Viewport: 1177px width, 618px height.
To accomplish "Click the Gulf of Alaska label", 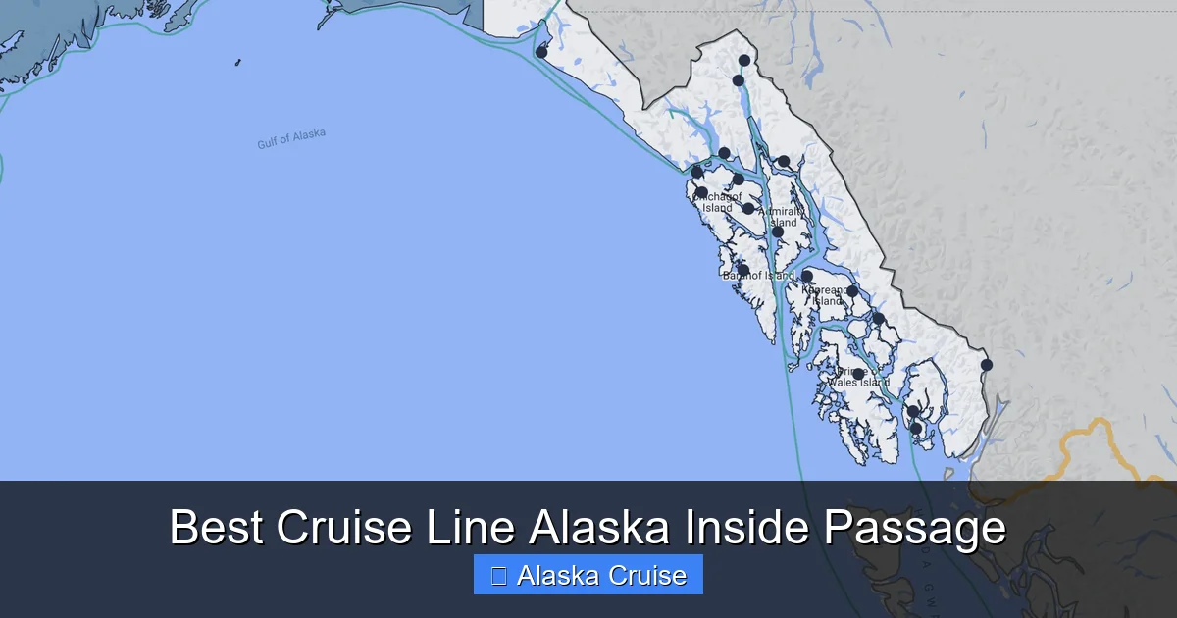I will (x=291, y=139).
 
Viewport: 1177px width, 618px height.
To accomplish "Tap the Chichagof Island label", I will (x=717, y=202).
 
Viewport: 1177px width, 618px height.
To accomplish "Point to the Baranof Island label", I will (x=758, y=276).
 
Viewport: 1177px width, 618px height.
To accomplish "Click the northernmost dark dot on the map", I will (x=744, y=61).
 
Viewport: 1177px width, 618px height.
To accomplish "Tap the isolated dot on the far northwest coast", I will (x=541, y=52).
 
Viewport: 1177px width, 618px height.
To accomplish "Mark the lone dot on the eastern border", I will (x=987, y=365).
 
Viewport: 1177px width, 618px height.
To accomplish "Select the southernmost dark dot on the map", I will (x=916, y=428).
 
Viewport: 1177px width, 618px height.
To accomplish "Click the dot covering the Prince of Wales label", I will (x=858, y=374).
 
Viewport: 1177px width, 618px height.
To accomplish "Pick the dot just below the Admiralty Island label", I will (x=778, y=232).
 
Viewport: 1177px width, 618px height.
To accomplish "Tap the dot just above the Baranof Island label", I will (x=743, y=269).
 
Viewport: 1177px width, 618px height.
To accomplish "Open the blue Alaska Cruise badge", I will (x=588, y=575).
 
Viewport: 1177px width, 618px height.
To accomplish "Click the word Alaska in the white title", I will (x=600, y=528).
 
